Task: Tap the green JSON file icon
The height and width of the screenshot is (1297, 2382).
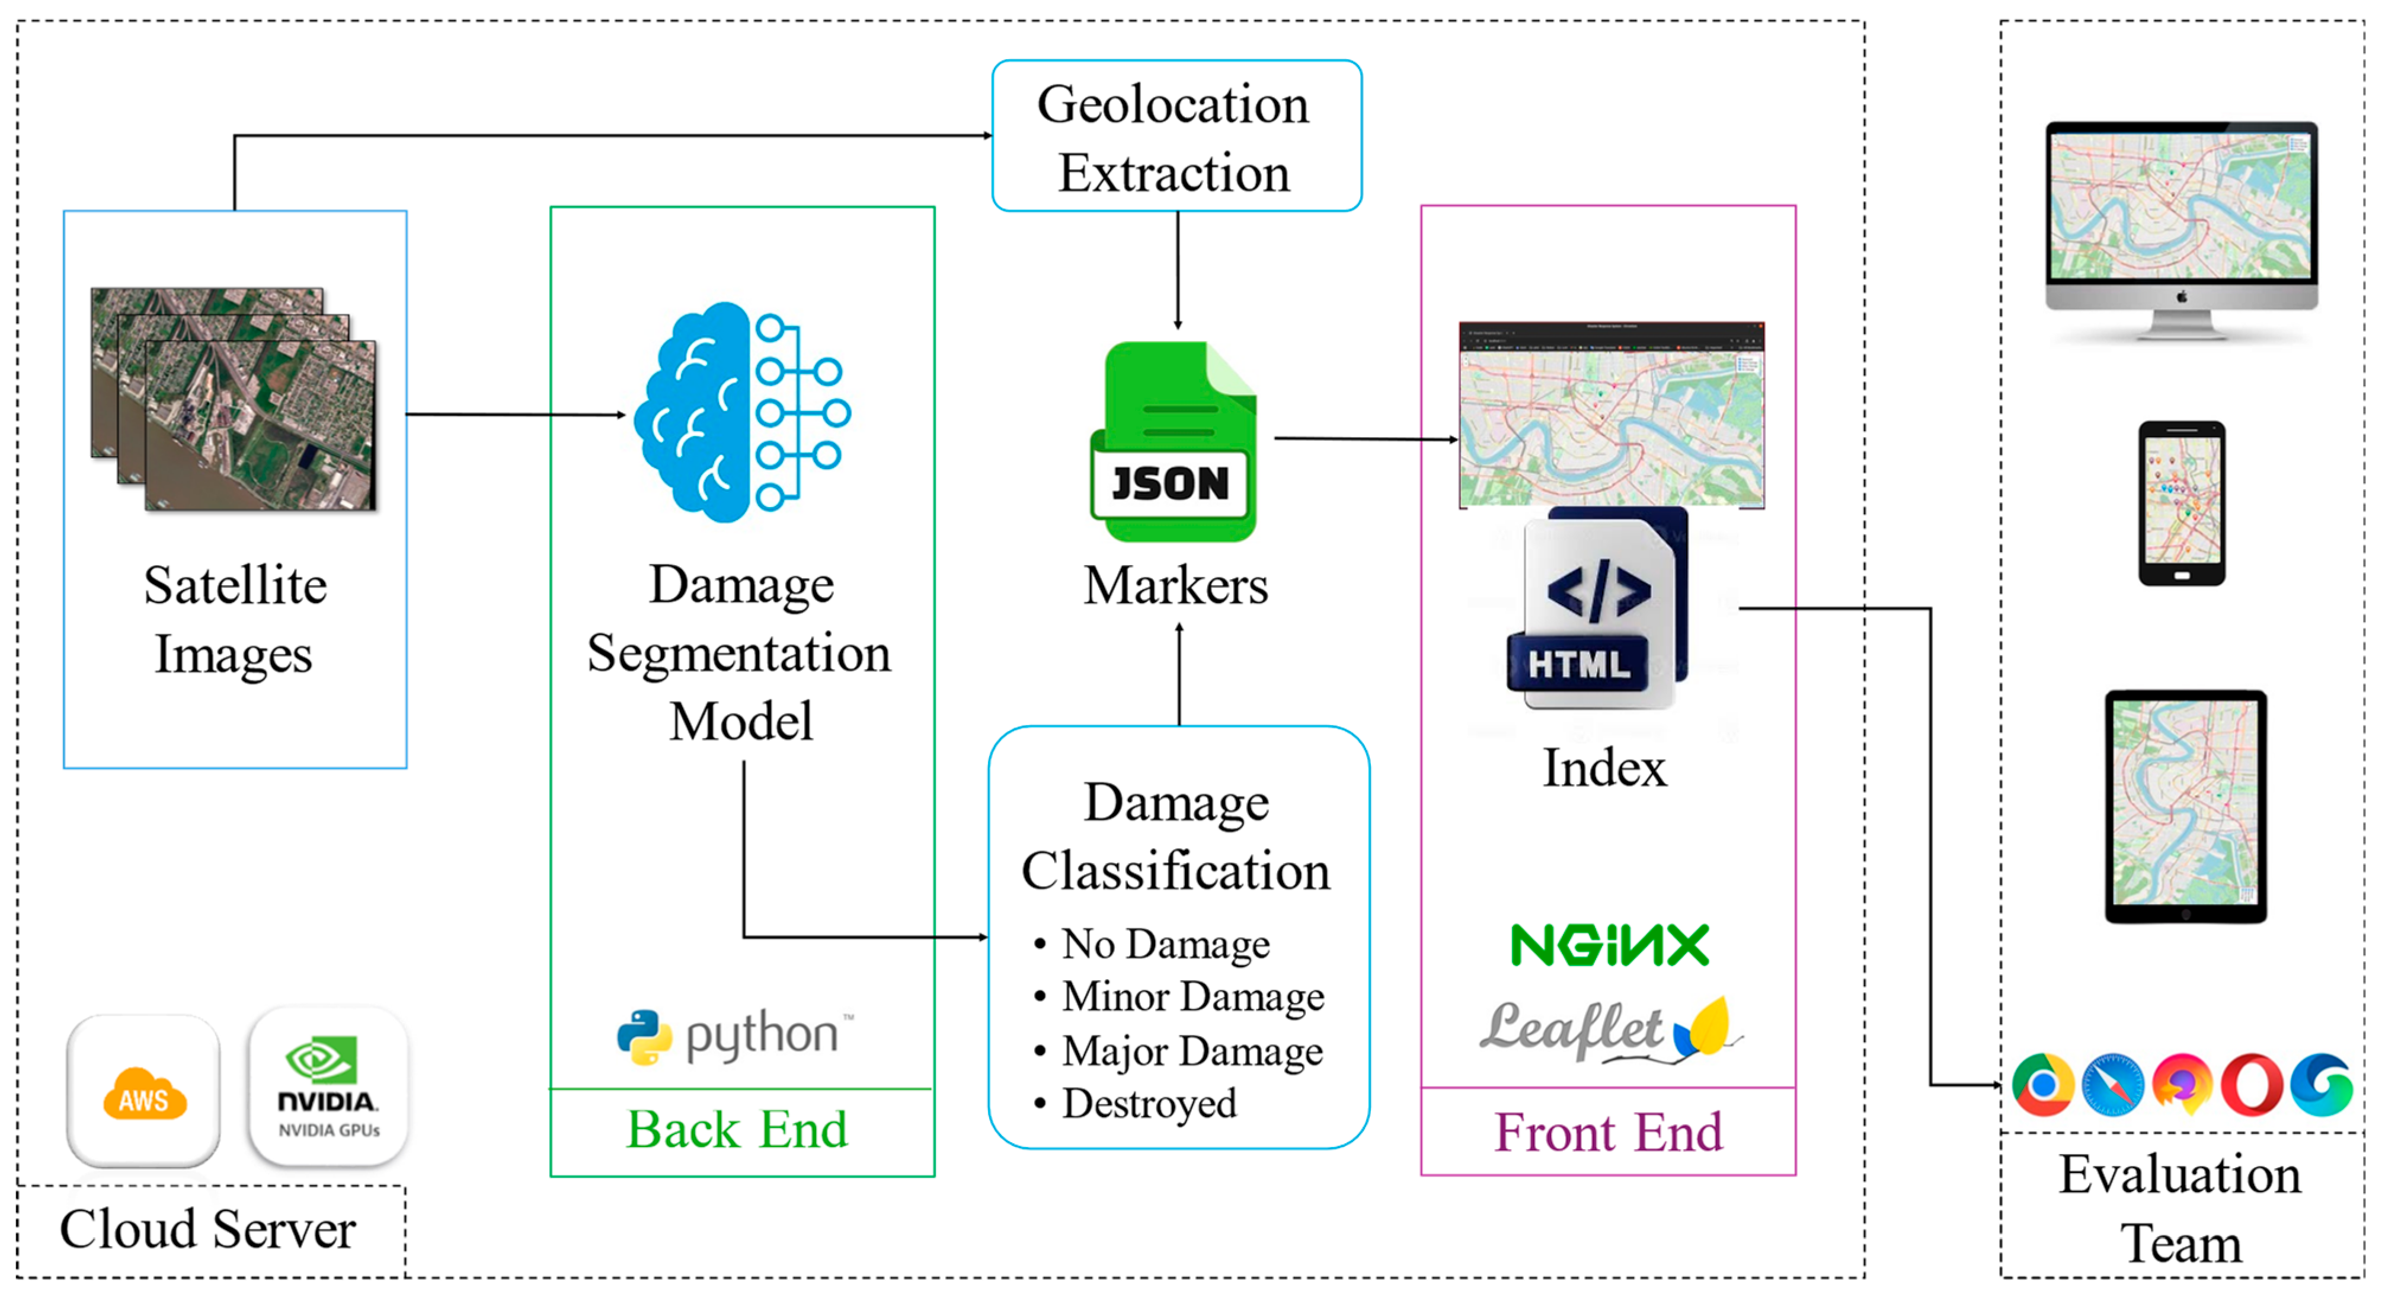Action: click(x=1172, y=442)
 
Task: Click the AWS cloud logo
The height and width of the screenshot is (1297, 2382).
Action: click(x=144, y=1092)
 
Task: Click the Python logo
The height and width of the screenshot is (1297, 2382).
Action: click(x=735, y=1035)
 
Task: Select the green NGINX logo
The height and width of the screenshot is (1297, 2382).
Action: click(x=1609, y=945)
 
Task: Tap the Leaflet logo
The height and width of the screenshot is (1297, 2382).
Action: click(x=1609, y=1030)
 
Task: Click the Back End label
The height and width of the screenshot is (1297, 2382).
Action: click(x=737, y=1130)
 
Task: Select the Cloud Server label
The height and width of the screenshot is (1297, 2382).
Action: click(x=208, y=1229)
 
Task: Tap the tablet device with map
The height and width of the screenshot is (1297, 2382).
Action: click(x=2185, y=807)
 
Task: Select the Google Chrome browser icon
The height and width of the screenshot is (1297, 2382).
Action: click(x=2042, y=1084)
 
